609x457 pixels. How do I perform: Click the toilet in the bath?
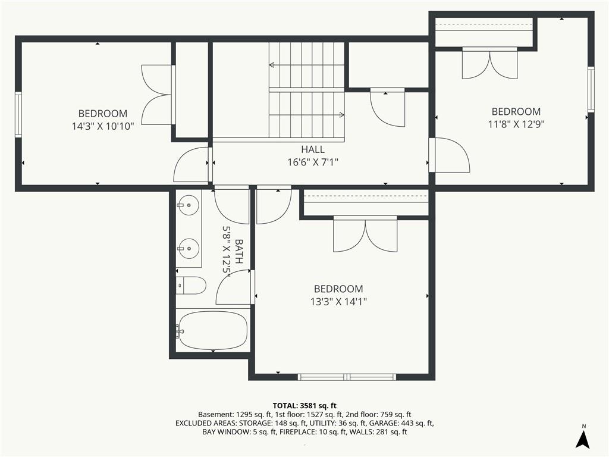coord(191,286)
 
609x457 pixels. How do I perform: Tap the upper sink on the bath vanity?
coord(189,204)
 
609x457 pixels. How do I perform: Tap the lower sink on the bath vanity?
coord(189,248)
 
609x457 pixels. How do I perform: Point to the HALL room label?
coord(313,149)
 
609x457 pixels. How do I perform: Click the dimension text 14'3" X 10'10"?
coord(103,126)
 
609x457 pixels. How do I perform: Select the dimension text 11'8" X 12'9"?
coord(516,124)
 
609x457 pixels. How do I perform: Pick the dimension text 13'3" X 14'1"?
coord(338,302)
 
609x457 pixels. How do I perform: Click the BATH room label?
coord(239,252)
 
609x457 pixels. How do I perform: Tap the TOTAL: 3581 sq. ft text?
coord(304,406)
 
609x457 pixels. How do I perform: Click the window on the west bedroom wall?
coord(18,114)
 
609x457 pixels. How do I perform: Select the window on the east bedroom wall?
coord(591,89)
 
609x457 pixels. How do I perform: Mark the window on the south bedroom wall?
coord(347,377)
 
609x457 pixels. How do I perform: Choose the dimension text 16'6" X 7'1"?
coord(313,162)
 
